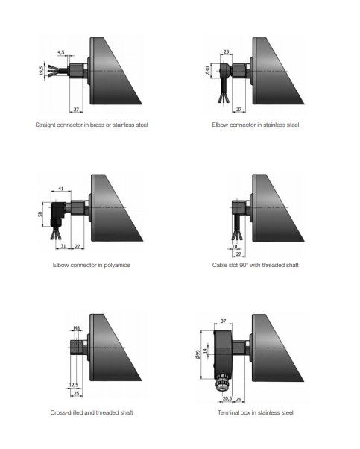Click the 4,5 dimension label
coord(61,52)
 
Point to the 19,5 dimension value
coord(41,71)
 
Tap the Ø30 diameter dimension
coord(208,71)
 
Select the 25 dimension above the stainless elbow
coord(226,51)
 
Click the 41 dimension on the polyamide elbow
coord(60,189)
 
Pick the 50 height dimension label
coord(40,214)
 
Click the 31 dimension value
coord(63,246)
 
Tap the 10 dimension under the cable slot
coord(235,246)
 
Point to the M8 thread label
coord(77,328)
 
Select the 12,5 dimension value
coord(74,385)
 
